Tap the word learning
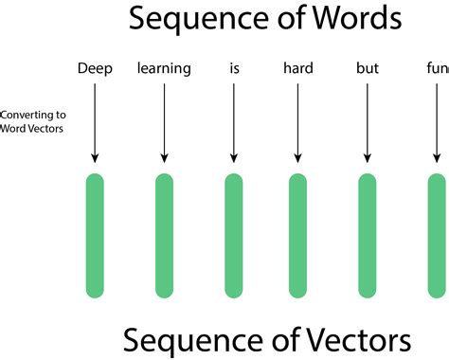pos(164,68)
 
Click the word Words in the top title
pos(348,19)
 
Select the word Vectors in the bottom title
pos(356,338)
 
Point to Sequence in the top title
pos(190,20)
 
